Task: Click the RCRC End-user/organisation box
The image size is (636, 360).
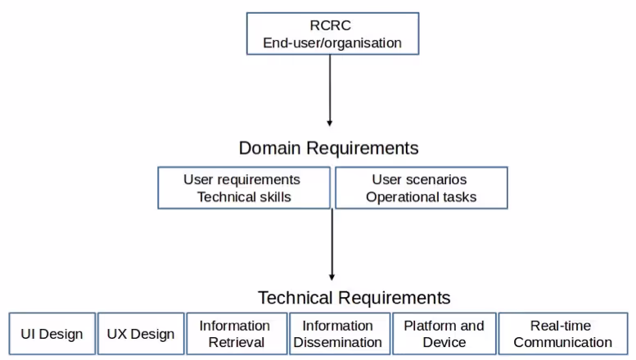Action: [332, 34]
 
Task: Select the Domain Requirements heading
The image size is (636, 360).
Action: [328, 148]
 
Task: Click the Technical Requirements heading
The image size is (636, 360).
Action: [354, 297]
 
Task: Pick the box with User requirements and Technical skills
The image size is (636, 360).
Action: [244, 188]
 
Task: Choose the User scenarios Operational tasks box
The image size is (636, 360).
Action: [421, 188]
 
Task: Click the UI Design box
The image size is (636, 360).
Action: [52, 334]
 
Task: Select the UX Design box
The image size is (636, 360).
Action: [141, 334]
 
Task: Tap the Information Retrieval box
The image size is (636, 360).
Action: [237, 334]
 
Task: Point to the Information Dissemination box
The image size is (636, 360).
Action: [338, 334]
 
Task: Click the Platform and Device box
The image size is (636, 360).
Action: [444, 334]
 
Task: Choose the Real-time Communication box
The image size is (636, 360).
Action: [562, 334]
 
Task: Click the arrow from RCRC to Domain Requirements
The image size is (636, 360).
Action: [330, 90]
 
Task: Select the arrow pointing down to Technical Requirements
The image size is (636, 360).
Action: [332, 245]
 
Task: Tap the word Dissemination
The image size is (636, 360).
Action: [338, 343]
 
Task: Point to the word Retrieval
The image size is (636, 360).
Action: [237, 343]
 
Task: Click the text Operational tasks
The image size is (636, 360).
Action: [421, 197]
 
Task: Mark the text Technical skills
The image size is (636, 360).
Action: [244, 197]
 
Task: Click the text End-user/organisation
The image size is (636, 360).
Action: [332, 43]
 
